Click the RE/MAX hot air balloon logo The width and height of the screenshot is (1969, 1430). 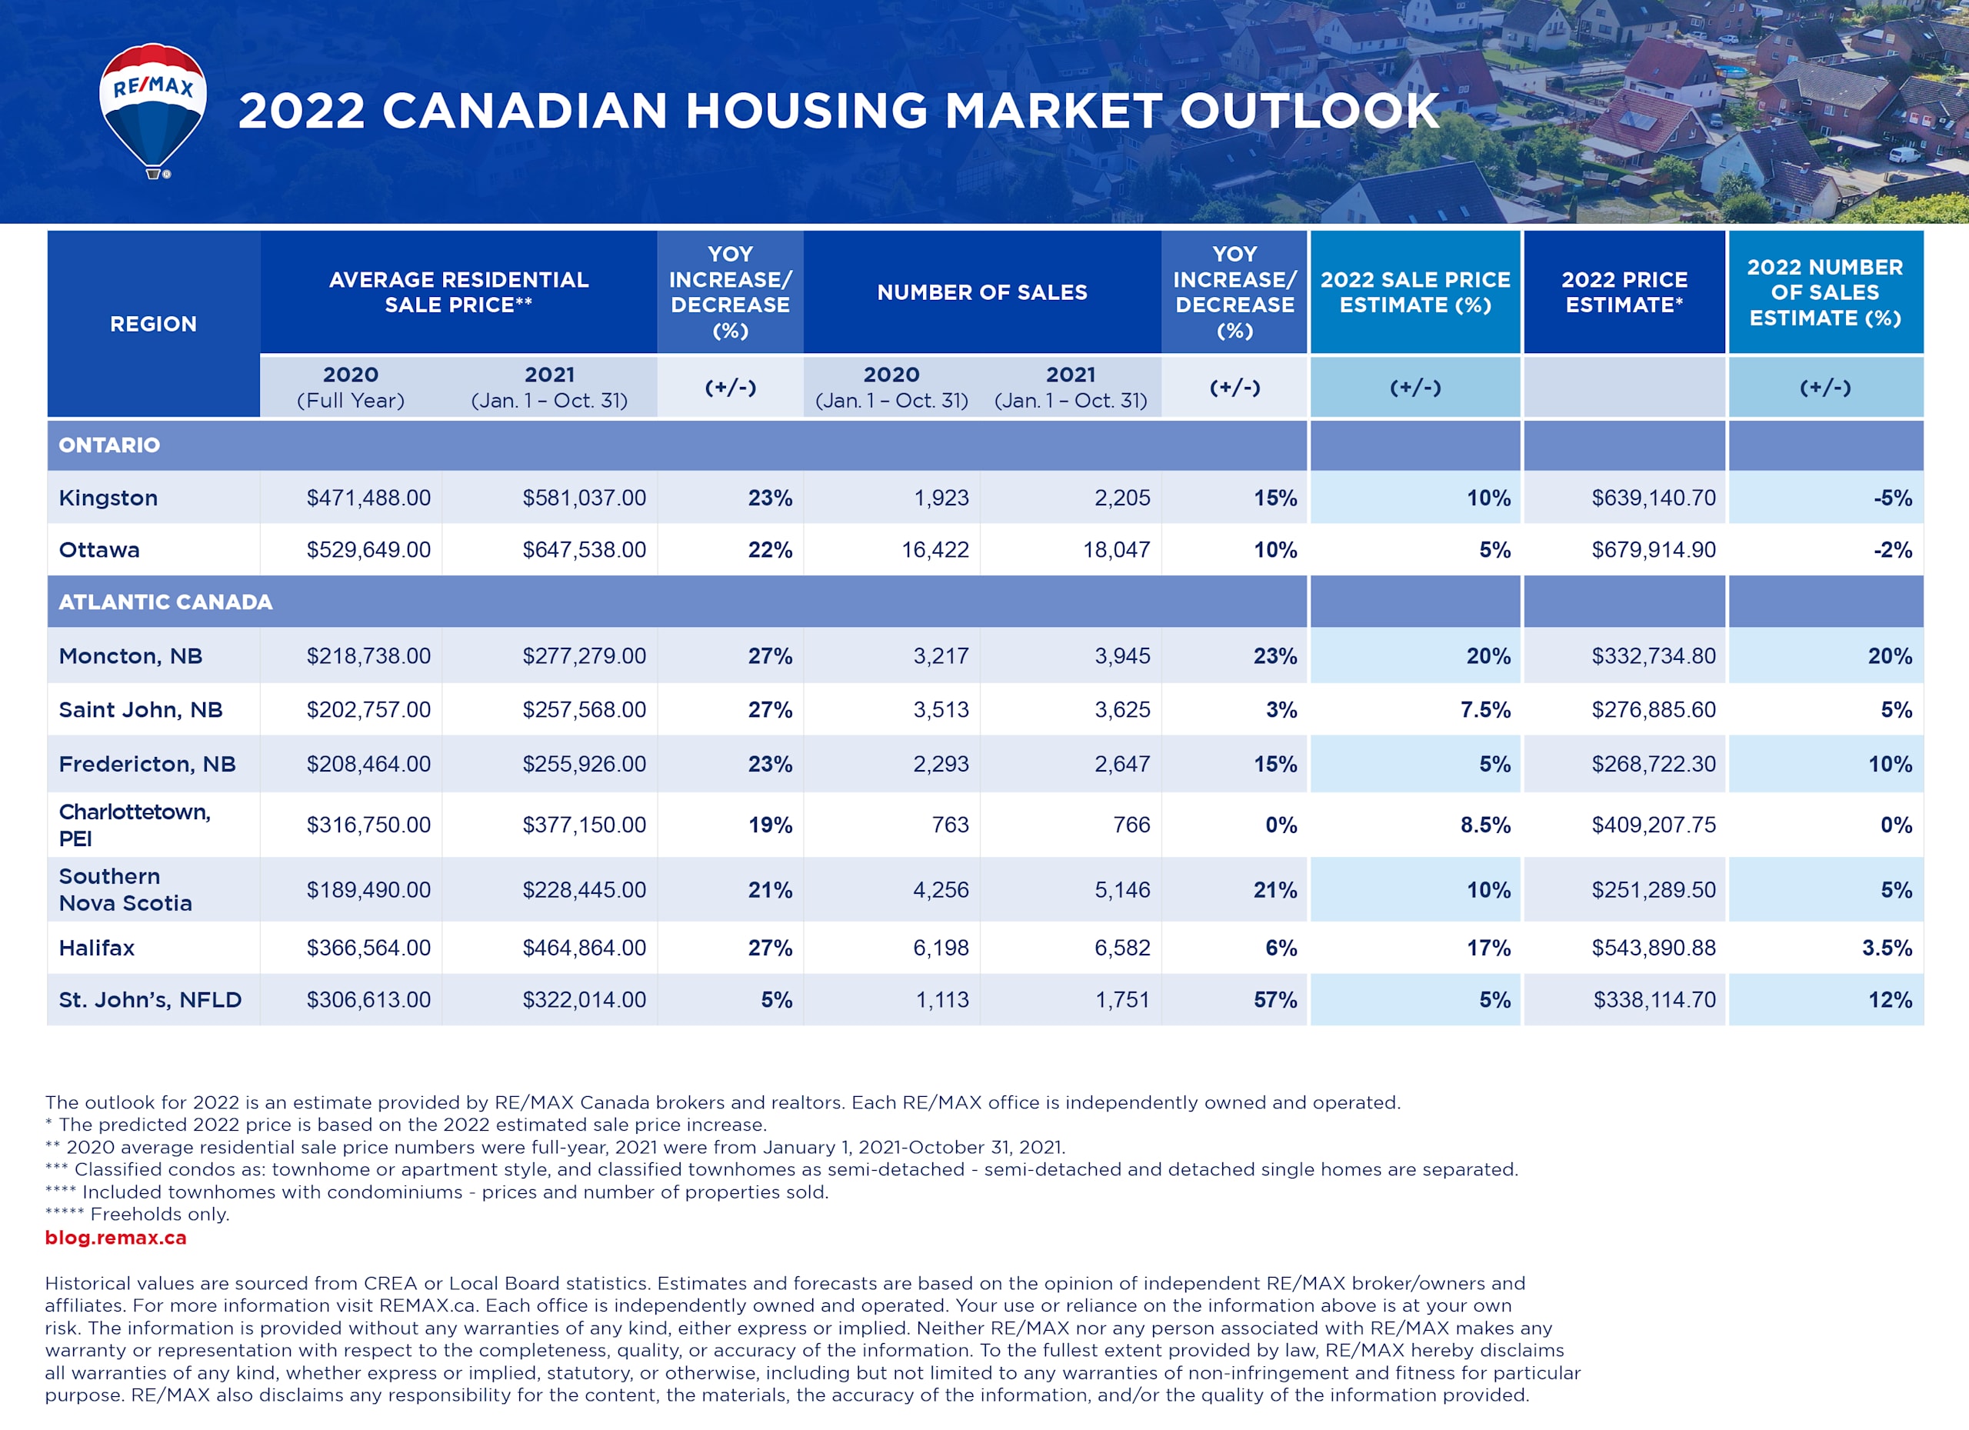153,108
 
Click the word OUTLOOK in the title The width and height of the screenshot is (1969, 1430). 1309,111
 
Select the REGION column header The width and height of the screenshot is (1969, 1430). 153,324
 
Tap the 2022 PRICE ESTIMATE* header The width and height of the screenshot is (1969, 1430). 1624,292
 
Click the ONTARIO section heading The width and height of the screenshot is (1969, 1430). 109,445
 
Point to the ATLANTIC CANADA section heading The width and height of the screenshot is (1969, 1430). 165,602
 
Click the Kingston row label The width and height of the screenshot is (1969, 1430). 108,498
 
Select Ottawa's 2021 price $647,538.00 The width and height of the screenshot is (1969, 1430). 584,549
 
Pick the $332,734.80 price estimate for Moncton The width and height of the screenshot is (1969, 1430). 1653,655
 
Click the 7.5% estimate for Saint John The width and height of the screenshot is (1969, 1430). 1484,709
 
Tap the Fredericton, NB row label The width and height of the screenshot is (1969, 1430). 147,764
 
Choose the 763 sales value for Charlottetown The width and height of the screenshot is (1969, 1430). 950,824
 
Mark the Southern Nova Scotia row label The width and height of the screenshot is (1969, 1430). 125,889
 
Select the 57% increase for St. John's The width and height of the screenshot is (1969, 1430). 1274,999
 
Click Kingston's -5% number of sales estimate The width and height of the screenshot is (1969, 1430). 1892,498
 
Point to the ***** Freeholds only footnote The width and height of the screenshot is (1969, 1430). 137,1214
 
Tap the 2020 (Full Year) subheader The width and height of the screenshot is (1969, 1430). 351,387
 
